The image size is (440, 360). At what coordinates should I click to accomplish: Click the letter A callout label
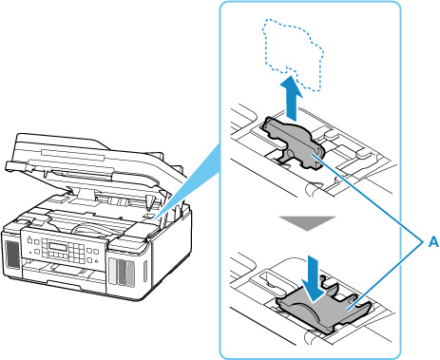point(433,242)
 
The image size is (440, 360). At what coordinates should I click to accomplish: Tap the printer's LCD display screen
point(58,246)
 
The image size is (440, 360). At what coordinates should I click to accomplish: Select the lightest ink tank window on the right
point(113,272)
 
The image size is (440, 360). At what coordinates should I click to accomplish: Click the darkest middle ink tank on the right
point(122,273)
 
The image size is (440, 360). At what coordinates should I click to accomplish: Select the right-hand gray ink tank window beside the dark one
point(130,274)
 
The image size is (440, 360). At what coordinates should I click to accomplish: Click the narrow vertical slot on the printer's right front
point(145,272)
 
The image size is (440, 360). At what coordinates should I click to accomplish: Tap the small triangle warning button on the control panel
point(96,261)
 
